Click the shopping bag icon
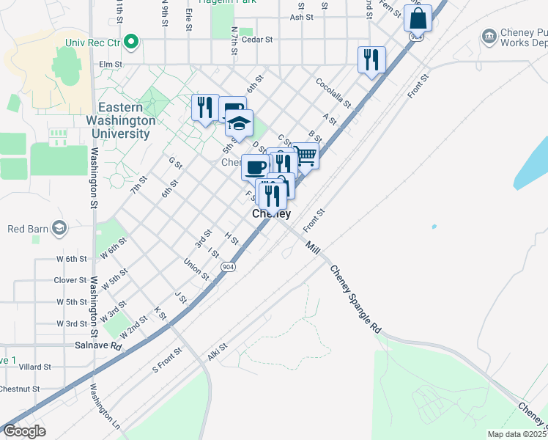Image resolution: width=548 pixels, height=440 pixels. coord(417,18)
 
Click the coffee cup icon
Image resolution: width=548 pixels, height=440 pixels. coord(256,167)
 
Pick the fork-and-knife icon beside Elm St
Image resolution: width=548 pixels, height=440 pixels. coord(371,59)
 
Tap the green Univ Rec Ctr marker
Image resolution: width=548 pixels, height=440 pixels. coord(131,41)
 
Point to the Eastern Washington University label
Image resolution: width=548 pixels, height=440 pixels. coord(121,121)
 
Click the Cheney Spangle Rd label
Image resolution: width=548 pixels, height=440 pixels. coord(356,299)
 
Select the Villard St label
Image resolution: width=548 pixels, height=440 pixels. coord(35,367)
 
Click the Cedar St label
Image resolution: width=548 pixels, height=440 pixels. coord(259,40)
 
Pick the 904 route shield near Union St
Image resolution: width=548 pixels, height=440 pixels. coord(229,267)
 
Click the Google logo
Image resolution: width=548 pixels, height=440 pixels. coord(24,431)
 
